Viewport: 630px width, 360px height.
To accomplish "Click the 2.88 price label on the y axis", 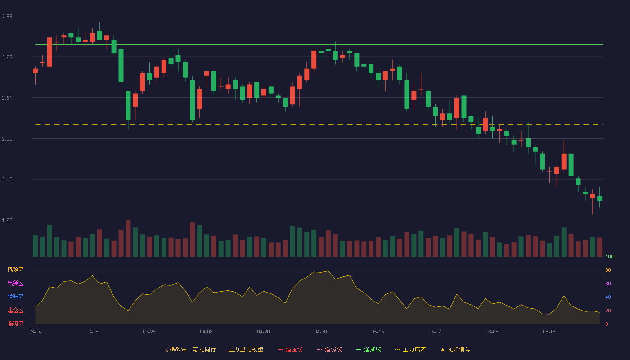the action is click(x=7, y=17).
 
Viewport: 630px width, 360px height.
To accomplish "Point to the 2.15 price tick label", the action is click(x=7, y=180).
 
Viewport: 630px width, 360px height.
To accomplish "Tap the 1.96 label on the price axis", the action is click(x=7, y=220).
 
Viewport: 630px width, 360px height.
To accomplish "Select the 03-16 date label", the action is click(x=92, y=332).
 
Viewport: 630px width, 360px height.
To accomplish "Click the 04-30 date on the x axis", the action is click(x=320, y=332).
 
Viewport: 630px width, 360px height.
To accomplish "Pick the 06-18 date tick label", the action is click(x=549, y=332).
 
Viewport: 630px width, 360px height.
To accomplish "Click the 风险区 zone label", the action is click(x=15, y=270).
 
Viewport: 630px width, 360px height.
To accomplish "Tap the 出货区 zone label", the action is click(x=15, y=283).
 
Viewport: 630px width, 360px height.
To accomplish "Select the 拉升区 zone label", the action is click(x=15, y=297).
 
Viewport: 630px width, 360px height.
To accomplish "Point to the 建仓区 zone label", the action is click(x=15, y=310).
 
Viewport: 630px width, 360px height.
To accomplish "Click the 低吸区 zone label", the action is click(x=15, y=324).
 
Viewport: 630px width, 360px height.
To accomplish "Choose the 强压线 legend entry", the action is click(x=290, y=350).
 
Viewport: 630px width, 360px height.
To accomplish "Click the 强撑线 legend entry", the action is click(x=369, y=350).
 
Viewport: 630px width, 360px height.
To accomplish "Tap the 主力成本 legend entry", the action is click(x=410, y=350).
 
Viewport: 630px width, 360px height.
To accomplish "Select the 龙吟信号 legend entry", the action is click(x=455, y=350).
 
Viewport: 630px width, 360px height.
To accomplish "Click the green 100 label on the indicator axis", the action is click(x=609, y=256).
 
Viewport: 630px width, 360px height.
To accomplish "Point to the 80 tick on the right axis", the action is click(x=608, y=270).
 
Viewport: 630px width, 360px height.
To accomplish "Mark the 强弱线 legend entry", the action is click(x=329, y=350).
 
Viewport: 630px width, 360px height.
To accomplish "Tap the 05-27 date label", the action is click(x=435, y=332).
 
